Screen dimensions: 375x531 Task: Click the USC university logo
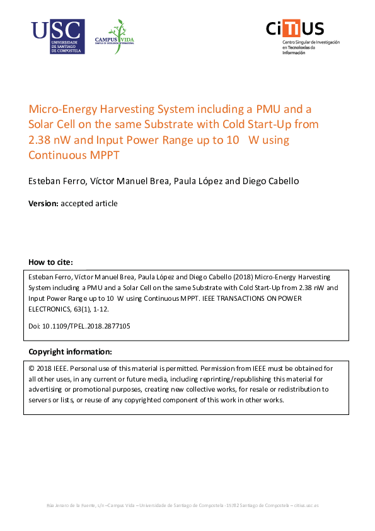tap(57, 37)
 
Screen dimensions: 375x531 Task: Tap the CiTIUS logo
tap(294, 28)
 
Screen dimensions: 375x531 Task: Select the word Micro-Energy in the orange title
tap(62, 108)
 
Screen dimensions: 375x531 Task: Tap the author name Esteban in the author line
tap(46, 181)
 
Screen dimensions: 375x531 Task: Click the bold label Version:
tap(43, 203)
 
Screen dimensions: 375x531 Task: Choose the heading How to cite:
tap(51, 262)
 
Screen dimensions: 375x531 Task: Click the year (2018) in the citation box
tap(239, 277)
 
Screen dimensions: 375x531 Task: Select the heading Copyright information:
tap(70, 351)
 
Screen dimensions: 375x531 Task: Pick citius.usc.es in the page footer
tap(306, 506)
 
